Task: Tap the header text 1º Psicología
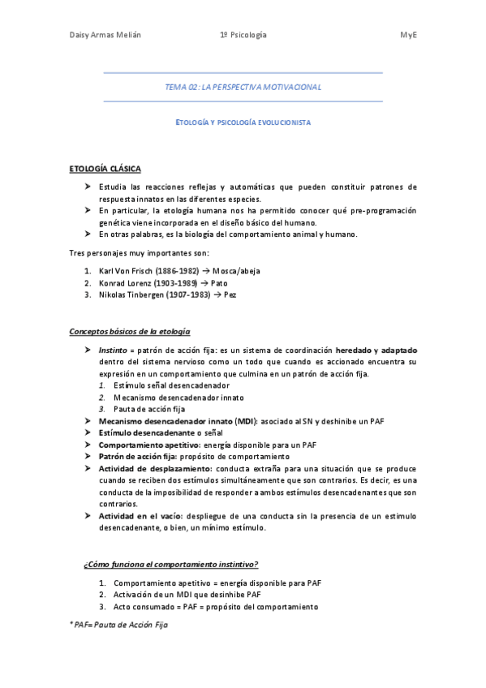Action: point(243,36)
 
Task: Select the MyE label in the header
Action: point(408,36)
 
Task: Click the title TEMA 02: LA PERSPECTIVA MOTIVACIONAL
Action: point(243,87)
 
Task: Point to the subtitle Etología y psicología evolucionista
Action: point(243,122)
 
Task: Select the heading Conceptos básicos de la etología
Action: point(130,332)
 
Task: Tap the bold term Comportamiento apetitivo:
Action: point(149,445)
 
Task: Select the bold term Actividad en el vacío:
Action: point(141,515)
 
